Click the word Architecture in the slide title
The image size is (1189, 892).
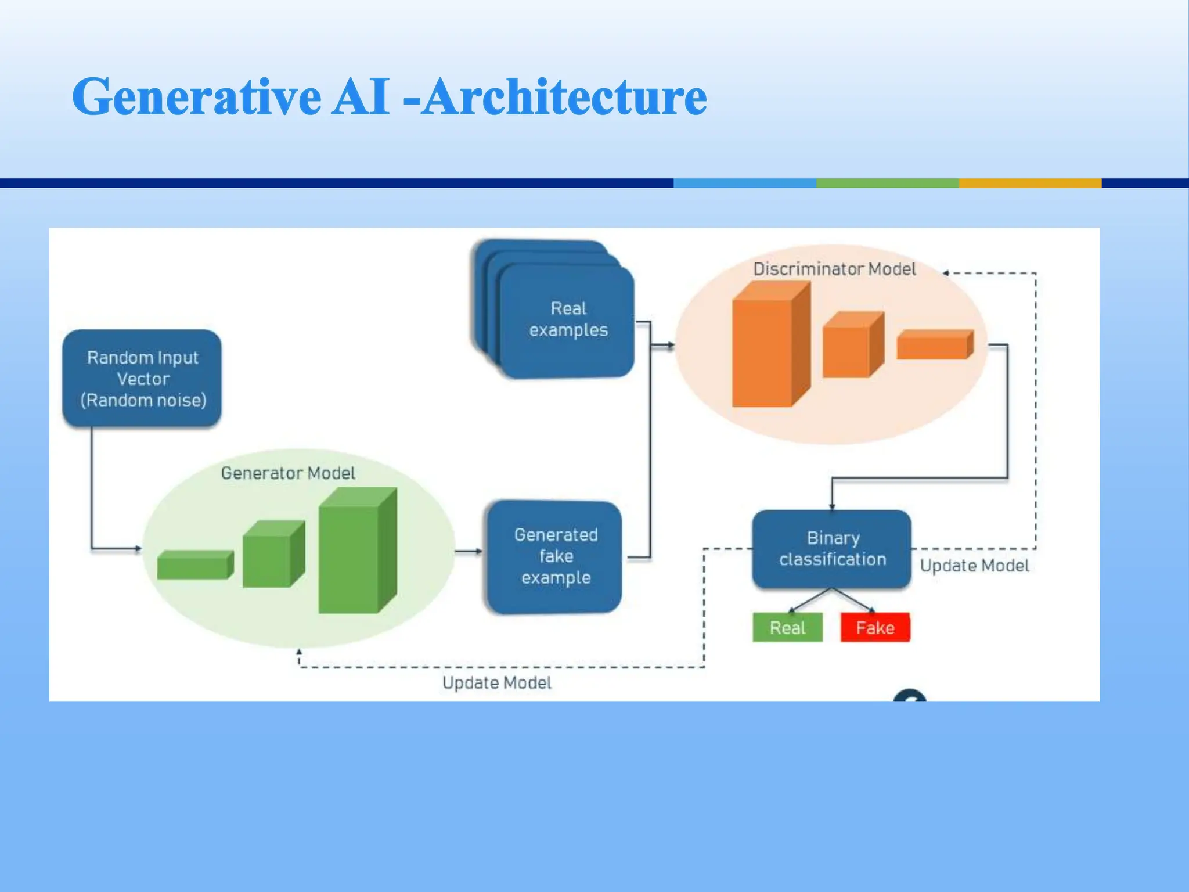[x=563, y=97]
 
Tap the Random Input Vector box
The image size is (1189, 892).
[x=142, y=379]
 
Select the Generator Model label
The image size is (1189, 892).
[x=288, y=473]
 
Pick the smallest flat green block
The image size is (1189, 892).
[x=194, y=566]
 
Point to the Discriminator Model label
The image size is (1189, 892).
[x=834, y=269]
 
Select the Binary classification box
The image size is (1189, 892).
[x=831, y=549]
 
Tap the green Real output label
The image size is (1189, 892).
[x=787, y=628]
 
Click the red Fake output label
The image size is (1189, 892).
[x=875, y=628]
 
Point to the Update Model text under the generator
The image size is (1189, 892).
[x=496, y=683]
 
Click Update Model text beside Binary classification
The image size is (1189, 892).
[x=974, y=566]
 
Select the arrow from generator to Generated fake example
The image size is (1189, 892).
[x=468, y=551]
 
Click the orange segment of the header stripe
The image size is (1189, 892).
[x=1029, y=183]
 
